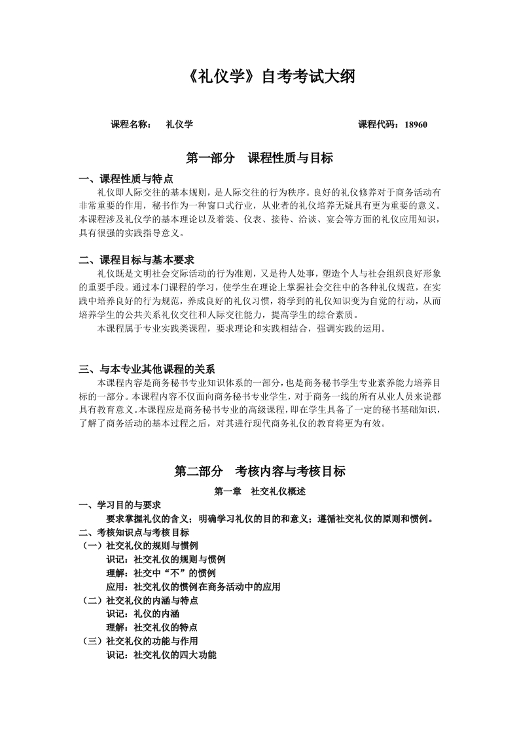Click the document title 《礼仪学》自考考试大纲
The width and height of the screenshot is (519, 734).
point(259,77)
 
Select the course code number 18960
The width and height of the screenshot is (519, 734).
point(416,124)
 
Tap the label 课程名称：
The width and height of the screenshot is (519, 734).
point(132,124)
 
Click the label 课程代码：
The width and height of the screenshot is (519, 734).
point(380,124)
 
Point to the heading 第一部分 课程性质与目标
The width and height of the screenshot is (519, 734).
point(259,158)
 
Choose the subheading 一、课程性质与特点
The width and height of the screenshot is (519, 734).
point(126,179)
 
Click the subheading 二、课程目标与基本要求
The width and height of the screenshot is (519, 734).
point(135,260)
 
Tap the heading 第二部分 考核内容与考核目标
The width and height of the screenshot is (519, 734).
point(259,471)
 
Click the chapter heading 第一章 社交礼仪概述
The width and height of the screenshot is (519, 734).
point(260,491)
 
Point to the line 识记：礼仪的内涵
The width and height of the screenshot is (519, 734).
point(143,614)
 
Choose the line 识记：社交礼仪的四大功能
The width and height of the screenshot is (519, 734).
point(161,654)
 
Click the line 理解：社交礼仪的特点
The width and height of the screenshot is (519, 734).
point(152,627)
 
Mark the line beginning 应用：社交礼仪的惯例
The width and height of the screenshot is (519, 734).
point(193,587)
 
